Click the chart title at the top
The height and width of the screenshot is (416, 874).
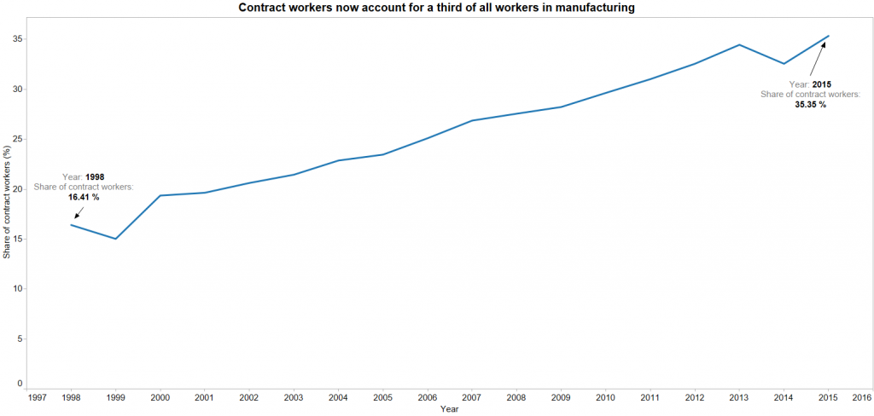(x=436, y=8)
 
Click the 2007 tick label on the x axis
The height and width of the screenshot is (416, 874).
(x=471, y=397)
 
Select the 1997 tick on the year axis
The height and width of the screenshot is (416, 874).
(x=38, y=397)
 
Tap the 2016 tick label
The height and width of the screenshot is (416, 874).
(x=861, y=397)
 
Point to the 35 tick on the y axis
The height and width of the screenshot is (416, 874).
(x=18, y=39)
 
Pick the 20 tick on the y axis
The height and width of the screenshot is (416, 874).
(x=18, y=189)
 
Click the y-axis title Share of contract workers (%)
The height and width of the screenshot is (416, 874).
(x=7, y=202)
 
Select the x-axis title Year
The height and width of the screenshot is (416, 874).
(x=449, y=409)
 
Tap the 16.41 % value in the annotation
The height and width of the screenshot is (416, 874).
(x=84, y=197)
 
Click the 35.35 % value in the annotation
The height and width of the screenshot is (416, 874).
(x=810, y=105)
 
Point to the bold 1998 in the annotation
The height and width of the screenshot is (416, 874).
(x=95, y=176)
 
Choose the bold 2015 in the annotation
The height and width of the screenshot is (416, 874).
(x=822, y=84)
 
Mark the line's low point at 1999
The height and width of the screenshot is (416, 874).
(x=115, y=239)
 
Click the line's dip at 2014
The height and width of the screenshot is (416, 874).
(x=784, y=64)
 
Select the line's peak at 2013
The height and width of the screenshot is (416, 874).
(x=739, y=44)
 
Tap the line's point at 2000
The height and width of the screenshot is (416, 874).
(x=160, y=195)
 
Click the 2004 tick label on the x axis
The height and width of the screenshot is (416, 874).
(x=338, y=397)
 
